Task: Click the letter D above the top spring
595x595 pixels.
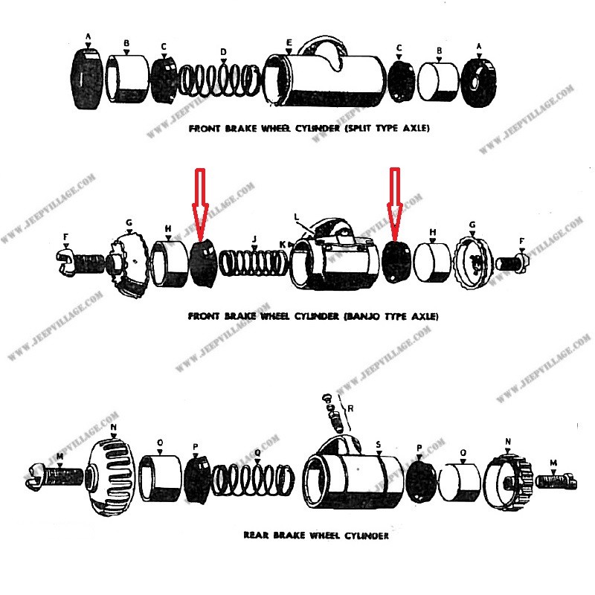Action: [222, 51]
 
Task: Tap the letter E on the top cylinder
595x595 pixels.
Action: [289, 42]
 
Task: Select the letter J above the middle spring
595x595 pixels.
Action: [254, 239]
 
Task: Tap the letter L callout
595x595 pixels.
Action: [296, 216]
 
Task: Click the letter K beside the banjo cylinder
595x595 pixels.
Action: [282, 244]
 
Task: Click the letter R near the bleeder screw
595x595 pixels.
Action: [350, 408]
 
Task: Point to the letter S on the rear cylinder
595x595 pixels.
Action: [379, 444]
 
